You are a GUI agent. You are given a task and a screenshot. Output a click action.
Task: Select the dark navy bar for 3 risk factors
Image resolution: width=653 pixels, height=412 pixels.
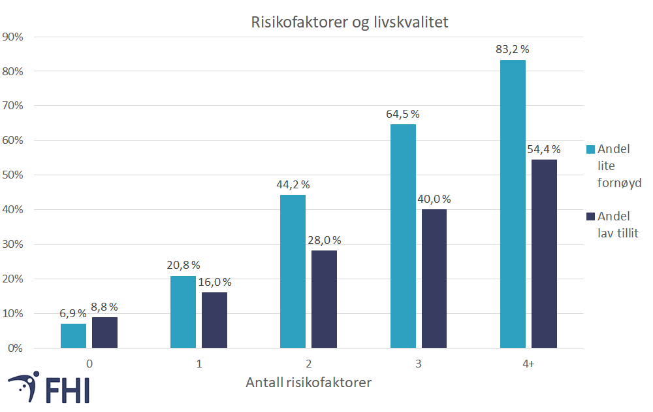pyautogui.click(x=434, y=279)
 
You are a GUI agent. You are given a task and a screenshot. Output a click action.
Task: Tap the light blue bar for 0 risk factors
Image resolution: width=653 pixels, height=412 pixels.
pyautogui.click(x=73, y=335)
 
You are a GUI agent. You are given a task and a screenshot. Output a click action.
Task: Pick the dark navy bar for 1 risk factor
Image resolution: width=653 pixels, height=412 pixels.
pyautogui.click(x=214, y=320)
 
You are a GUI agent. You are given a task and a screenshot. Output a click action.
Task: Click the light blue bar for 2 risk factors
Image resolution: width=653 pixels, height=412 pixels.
pyautogui.click(x=293, y=271)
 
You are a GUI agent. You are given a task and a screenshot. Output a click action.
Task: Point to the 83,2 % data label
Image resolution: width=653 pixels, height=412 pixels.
pyautogui.click(x=513, y=49)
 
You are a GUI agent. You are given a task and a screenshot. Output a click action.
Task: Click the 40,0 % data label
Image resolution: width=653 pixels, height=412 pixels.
pyautogui.click(x=434, y=199)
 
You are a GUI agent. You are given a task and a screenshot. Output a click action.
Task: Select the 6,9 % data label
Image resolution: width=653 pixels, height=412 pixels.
pyautogui.click(x=73, y=313)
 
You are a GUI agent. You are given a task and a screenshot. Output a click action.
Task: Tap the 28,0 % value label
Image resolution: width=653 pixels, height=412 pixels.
pyautogui.click(x=325, y=240)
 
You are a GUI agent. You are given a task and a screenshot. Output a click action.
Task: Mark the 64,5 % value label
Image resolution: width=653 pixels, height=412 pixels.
pyautogui.click(x=403, y=114)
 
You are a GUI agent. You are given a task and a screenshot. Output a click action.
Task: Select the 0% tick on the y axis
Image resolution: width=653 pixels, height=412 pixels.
pyautogui.click(x=16, y=348)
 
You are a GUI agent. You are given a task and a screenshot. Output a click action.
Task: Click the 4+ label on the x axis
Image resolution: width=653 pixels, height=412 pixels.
pyautogui.click(x=528, y=363)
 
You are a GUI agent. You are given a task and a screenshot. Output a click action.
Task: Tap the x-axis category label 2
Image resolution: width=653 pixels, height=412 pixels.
pyautogui.click(x=308, y=363)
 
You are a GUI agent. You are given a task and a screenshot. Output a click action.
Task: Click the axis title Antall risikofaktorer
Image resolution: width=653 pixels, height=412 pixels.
pyautogui.click(x=308, y=383)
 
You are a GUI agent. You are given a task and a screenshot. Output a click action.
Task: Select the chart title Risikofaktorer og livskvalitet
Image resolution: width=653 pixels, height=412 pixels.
pyautogui.click(x=349, y=22)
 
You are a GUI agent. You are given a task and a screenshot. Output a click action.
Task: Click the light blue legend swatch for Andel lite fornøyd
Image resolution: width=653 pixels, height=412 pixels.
pyautogui.click(x=590, y=149)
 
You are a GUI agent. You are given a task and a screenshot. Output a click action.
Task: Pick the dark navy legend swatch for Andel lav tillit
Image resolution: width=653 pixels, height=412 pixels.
pyautogui.click(x=590, y=216)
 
